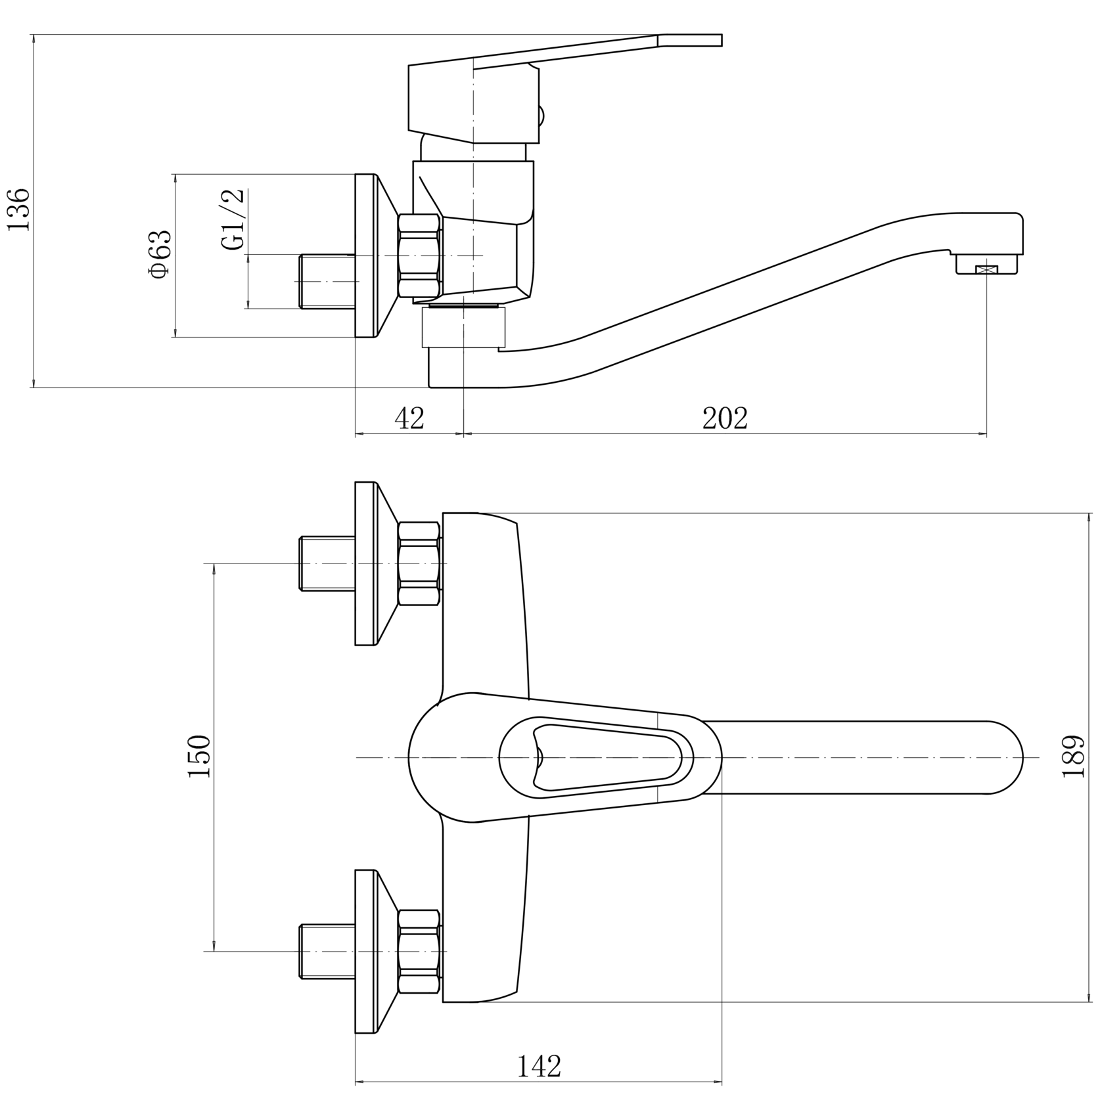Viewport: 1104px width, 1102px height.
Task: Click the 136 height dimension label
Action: point(18,209)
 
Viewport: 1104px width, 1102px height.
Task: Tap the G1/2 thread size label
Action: point(233,219)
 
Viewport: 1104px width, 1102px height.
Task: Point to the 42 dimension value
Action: point(409,418)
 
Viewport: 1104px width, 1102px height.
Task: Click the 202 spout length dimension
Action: point(725,418)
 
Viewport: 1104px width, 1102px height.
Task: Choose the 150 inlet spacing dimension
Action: point(199,757)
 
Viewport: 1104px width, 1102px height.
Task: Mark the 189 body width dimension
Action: point(1073,757)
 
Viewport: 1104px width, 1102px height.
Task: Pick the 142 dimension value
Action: point(539,1067)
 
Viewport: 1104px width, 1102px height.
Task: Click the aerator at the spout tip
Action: point(986,265)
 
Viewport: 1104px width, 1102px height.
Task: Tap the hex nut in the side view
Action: point(419,255)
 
